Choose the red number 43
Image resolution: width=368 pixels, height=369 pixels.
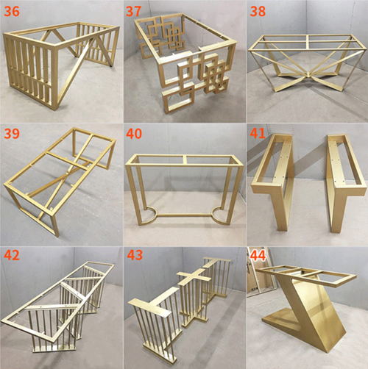[135, 256]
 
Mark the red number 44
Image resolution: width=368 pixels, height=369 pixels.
[258, 256]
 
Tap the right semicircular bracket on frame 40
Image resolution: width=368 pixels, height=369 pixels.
[222, 216]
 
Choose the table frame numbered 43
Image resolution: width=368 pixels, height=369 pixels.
[180, 305]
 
